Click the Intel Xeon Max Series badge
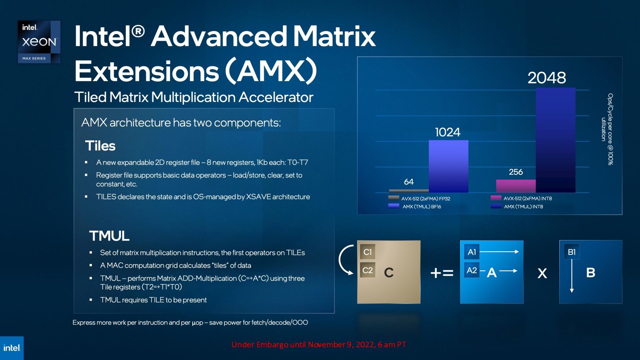point(39,42)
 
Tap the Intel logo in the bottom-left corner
point(12,348)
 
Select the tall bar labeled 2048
point(555,140)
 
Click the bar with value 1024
point(448,166)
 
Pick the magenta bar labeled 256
point(516,186)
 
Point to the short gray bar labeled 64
point(409,191)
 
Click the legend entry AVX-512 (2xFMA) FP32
point(419,198)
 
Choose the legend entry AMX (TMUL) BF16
point(415,206)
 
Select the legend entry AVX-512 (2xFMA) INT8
point(521,198)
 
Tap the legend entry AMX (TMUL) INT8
point(517,206)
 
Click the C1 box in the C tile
point(368,252)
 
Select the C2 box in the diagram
point(368,270)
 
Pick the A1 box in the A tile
point(472,252)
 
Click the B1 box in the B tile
point(572,252)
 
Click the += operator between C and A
point(442,273)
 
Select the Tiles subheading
point(100,146)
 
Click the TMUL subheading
point(109,236)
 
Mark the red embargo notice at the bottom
point(319,345)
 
